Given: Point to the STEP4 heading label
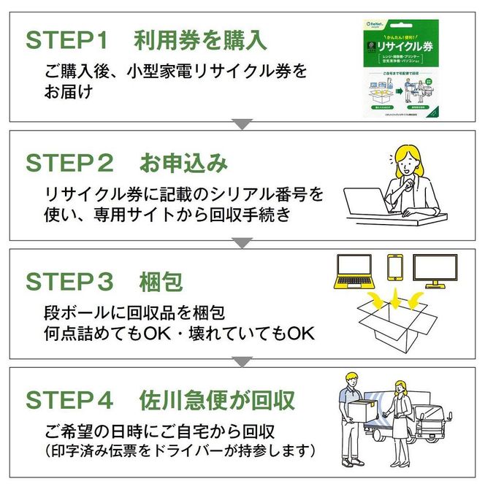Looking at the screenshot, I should pyautogui.click(x=69, y=399).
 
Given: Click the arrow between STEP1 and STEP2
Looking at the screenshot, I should pyautogui.click(x=242, y=125).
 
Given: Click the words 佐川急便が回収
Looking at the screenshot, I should pyautogui.click(x=217, y=399).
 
